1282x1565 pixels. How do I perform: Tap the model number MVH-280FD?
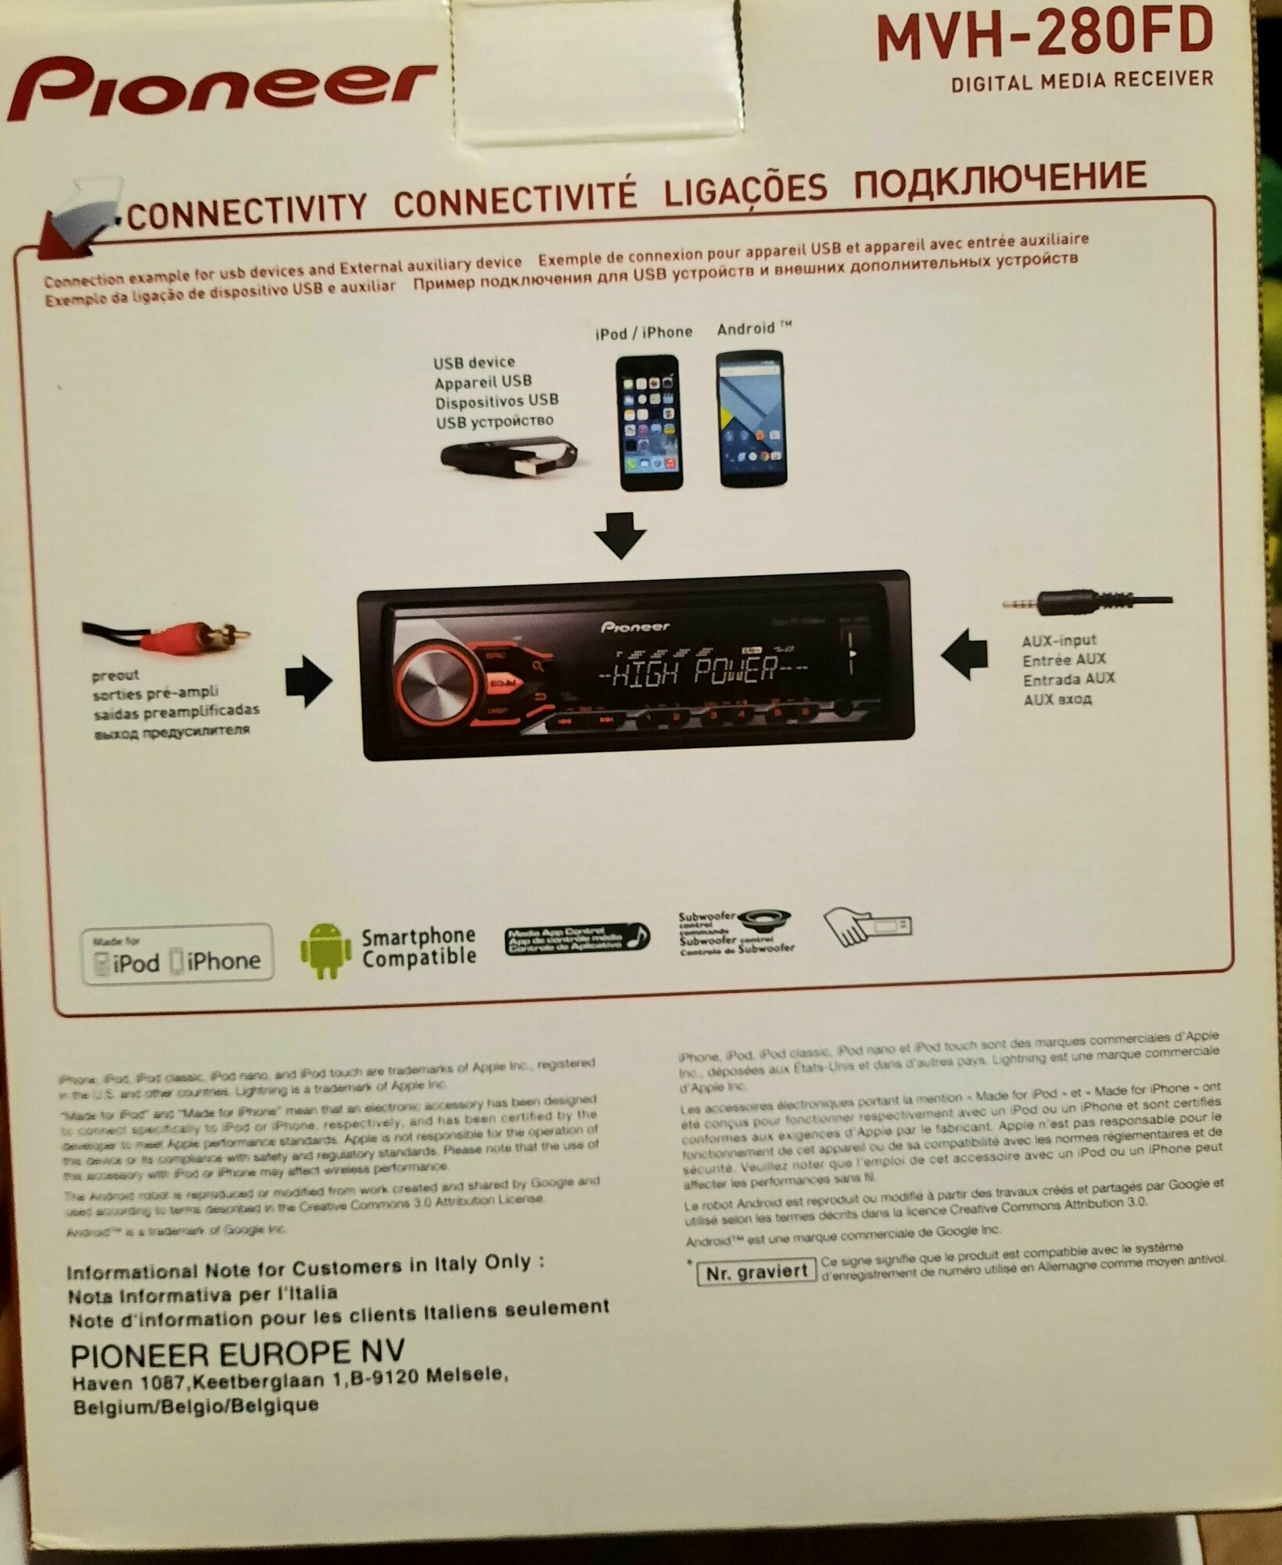point(1044,38)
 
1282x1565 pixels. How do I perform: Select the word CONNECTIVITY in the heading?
point(246,211)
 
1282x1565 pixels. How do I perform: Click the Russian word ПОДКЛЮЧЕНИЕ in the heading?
point(1000,180)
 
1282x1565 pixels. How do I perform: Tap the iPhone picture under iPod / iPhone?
point(648,423)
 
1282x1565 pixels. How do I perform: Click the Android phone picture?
point(752,419)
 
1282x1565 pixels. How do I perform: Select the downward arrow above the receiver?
point(620,535)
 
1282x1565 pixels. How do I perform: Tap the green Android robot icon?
point(326,951)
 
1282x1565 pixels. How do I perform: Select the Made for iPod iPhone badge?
point(178,953)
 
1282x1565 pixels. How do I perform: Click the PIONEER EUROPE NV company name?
point(238,1354)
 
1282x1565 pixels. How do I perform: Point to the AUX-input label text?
point(1059,641)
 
